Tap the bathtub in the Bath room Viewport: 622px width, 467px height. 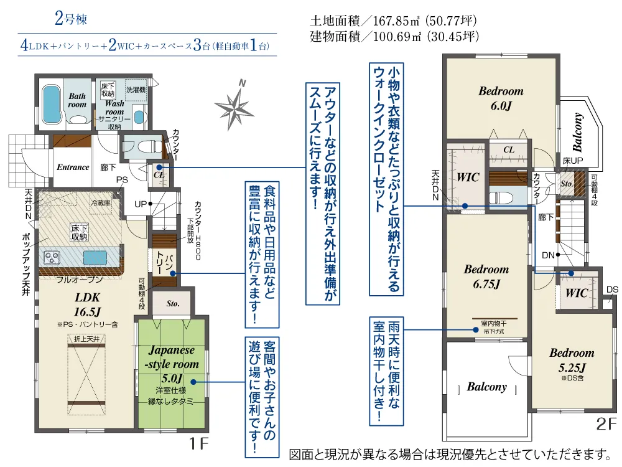pyautogui.click(x=51, y=104)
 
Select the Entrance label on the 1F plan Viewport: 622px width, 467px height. pyautogui.click(x=73, y=167)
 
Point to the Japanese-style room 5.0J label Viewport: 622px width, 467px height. pyautogui.click(x=171, y=364)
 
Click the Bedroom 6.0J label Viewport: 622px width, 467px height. pyautogui.click(x=501, y=98)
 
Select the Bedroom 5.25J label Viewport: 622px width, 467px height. pyautogui.click(x=571, y=360)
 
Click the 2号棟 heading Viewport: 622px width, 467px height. pyautogui.click(x=70, y=19)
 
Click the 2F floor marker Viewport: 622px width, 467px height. pyautogui.click(x=606, y=425)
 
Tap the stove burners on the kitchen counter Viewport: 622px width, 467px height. pyautogui.click(x=52, y=257)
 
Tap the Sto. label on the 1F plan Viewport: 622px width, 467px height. pyautogui.click(x=173, y=304)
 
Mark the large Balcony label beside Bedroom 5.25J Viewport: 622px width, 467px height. pyautogui.click(x=486, y=387)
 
